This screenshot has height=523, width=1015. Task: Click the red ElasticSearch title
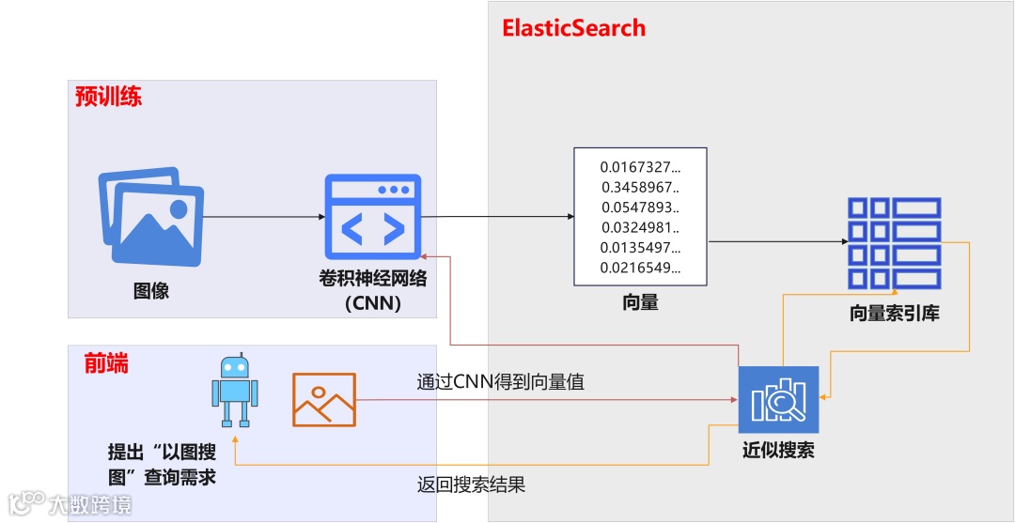point(574,27)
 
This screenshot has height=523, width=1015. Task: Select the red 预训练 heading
point(109,96)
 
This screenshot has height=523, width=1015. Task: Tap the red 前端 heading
point(105,362)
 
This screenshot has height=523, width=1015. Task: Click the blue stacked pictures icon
point(151,217)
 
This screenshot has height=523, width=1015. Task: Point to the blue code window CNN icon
point(372,217)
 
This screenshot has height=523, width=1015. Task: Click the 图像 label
point(151,290)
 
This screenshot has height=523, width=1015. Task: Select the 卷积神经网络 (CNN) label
point(372,290)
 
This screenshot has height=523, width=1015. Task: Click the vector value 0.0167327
point(640,167)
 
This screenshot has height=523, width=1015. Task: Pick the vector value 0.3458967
point(640,187)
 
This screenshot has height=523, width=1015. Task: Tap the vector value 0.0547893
point(640,208)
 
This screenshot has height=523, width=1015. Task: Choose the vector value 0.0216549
point(640,269)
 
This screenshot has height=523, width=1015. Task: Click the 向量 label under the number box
point(640,302)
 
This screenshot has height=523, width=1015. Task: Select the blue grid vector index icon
point(894,242)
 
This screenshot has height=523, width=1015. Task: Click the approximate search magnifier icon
point(778,399)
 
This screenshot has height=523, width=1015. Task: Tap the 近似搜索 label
point(778,450)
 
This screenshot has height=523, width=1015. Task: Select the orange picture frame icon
point(324,399)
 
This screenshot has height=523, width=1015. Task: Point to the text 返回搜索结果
point(471,485)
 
